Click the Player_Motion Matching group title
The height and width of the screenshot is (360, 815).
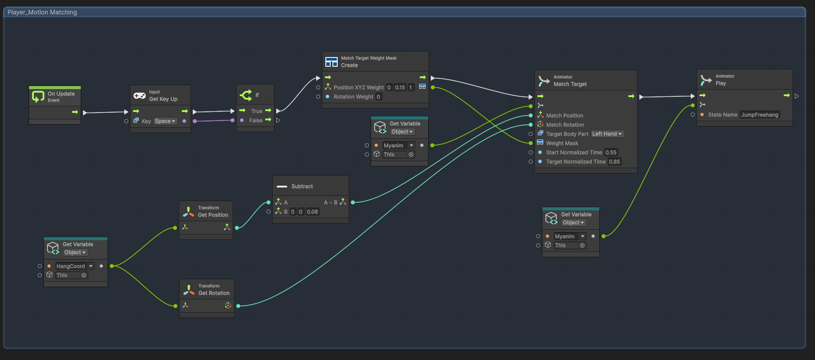coord(42,12)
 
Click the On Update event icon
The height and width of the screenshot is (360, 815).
coord(38,97)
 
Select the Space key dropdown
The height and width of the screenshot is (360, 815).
coord(165,121)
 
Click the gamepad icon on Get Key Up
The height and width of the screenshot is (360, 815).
coord(140,96)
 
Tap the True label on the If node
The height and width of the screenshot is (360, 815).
coord(256,111)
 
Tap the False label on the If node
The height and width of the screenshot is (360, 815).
coord(256,120)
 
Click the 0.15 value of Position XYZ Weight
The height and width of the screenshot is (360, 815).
coord(400,87)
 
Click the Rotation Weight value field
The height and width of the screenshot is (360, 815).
coord(379,97)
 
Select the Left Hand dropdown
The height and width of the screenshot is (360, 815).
coord(607,134)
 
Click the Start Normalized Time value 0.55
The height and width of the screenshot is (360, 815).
coord(611,152)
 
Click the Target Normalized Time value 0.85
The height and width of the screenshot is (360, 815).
coord(614,162)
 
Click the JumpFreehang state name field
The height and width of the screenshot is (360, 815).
coord(760,115)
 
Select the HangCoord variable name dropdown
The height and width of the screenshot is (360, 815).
coord(75,266)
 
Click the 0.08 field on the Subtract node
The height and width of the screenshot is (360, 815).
coord(312,212)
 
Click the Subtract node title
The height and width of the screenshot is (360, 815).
coord(302,186)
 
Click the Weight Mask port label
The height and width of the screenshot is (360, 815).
coord(562,143)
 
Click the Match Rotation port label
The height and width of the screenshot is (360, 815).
coord(565,125)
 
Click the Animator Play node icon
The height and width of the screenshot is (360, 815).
coord(706,80)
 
